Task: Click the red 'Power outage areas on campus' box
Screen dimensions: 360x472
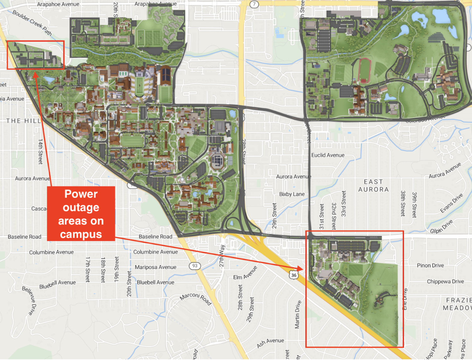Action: pos(81,214)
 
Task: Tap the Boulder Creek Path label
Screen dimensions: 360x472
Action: pos(32,22)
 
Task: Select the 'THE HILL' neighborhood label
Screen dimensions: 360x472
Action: pos(23,121)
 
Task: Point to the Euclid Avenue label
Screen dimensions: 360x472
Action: pos(328,155)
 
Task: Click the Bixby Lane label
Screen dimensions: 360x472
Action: pos(292,194)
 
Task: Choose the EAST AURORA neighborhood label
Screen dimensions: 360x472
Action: pos(374,186)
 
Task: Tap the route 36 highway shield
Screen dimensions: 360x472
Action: pos(294,275)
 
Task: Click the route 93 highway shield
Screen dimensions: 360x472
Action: pos(195,266)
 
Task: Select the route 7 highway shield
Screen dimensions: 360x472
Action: pos(254,4)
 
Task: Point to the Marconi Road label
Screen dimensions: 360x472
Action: pos(196,299)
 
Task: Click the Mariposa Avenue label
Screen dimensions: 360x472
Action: pos(155,267)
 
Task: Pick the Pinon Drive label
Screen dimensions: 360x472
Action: pos(430,265)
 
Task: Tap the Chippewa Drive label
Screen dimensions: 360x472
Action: pos(445,281)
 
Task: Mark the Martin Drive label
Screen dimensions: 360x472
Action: pos(298,314)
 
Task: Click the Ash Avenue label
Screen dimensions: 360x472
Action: pos(270,342)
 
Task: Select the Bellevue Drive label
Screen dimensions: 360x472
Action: pos(30,300)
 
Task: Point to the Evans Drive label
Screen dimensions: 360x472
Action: pos(452,203)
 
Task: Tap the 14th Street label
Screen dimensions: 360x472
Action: pos(40,152)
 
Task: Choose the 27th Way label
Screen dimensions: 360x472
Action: pos(222,255)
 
